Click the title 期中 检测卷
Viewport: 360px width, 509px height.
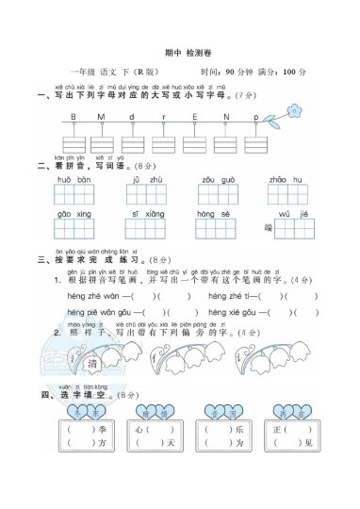181,54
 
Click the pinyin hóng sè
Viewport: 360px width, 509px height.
213,215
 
